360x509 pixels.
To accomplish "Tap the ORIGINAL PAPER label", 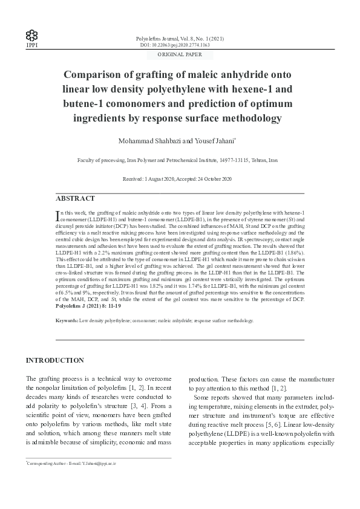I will pos(180,54).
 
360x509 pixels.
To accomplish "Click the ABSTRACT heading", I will pos(75,198).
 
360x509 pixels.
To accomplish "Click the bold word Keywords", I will pos(67,320).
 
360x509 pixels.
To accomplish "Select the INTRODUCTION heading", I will pos(54,360).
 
